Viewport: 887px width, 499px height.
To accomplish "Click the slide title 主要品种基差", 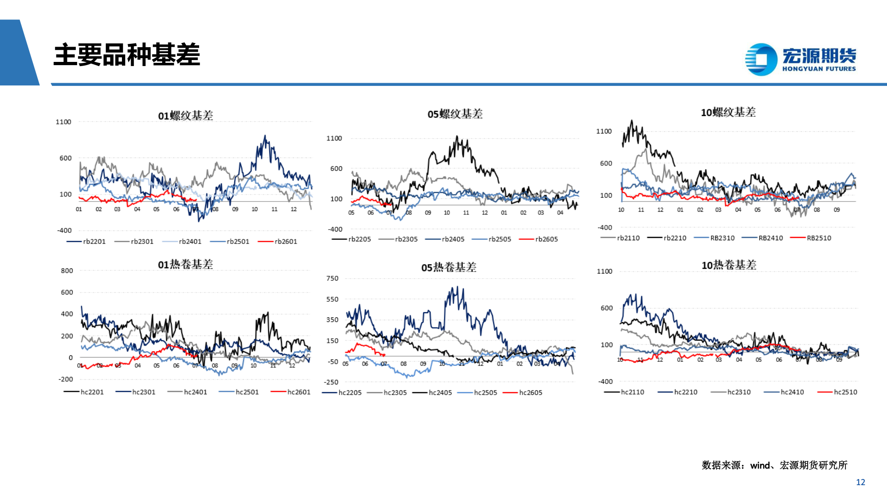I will [x=127, y=55].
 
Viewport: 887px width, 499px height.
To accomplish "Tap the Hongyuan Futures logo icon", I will [x=761, y=59].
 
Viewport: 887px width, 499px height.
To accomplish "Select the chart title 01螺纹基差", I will [x=186, y=116].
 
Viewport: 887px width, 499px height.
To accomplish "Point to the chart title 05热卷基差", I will [x=449, y=268].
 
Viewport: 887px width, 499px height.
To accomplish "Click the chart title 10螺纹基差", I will [x=728, y=112].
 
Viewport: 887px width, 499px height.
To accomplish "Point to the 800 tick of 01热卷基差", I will [x=67, y=271].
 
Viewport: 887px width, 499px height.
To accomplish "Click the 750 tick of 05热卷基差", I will [x=332, y=279].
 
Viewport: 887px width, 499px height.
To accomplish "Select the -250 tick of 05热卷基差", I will [x=331, y=382].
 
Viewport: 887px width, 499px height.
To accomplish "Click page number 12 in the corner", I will [x=860, y=482].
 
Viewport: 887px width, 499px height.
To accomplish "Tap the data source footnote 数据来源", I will [x=774, y=465].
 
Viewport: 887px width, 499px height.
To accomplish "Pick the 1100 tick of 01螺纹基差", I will [x=63, y=122].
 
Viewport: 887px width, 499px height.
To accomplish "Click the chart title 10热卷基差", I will [x=729, y=265].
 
